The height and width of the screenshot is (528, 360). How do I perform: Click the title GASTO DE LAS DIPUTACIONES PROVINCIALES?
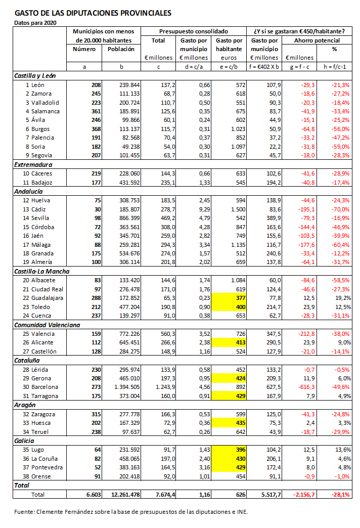pos(93,13)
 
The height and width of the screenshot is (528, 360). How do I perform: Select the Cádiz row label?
pos(41,209)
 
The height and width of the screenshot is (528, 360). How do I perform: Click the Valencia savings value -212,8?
pos(304,334)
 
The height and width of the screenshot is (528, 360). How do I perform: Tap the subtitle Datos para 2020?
pos(35,23)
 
